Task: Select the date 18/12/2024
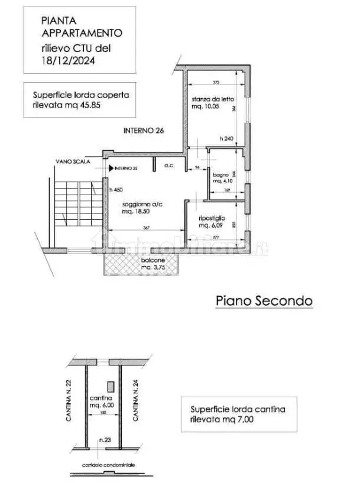click(67, 60)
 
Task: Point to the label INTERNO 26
click(143, 131)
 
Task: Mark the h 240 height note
click(226, 139)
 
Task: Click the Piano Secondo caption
click(262, 301)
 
